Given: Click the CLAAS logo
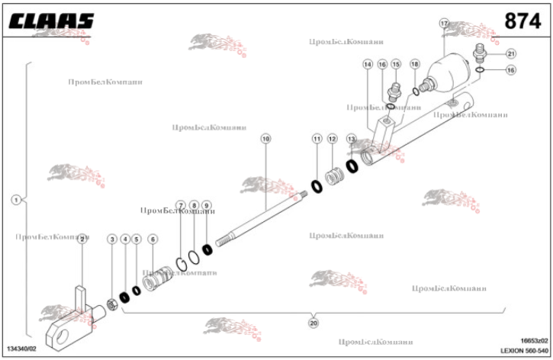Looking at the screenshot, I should pyautogui.click(x=52, y=21).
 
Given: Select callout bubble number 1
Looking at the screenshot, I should pyautogui.click(x=15, y=200).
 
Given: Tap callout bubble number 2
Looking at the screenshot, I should pyautogui.click(x=82, y=239).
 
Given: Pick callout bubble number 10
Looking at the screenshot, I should pyautogui.click(x=265, y=139).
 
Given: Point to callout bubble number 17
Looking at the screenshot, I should pyautogui.click(x=444, y=24).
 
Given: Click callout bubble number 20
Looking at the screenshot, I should pyautogui.click(x=313, y=323).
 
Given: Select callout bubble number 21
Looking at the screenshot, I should pyautogui.click(x=510, y=53).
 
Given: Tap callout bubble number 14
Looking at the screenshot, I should pyautogui.click(x=368, y=65).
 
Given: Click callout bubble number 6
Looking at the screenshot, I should pyautogui.click(x=153, y=239).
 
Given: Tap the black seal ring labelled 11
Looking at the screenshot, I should pyautogui.click(x=317, y=185).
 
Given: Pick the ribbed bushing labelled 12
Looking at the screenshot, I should pyautogui.click(x=333, y=178).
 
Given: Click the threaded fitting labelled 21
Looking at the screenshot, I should pyautogui.click(x=481, y=53).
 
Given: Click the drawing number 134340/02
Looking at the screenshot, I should pyautogui.click(x=22, y=348).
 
